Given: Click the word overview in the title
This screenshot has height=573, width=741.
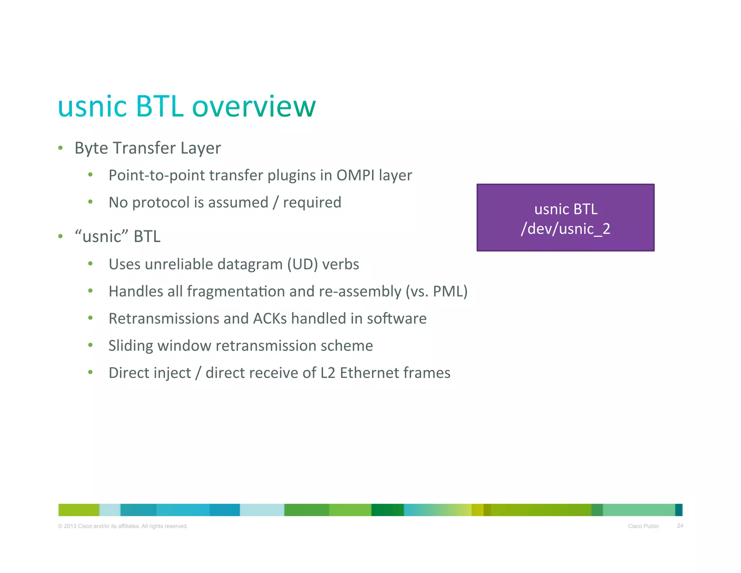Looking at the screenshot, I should pos(254,107).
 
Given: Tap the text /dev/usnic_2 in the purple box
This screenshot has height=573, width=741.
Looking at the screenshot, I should pos(565,229).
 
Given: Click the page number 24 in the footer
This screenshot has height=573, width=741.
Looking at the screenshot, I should pos(680,526).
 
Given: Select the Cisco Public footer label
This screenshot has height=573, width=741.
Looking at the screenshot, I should pos(643,526).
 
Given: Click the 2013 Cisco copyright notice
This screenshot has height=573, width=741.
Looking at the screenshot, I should pos(123,526).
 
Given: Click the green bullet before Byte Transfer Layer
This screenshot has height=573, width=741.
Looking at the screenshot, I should pos(60,148).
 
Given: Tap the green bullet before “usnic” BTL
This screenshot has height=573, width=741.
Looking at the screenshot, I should pos(60,237).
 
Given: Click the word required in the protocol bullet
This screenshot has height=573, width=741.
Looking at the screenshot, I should pos(312,202).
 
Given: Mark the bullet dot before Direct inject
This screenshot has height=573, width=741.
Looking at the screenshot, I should pos(90,372).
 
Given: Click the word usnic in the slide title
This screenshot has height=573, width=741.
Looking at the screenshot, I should pos(93,107).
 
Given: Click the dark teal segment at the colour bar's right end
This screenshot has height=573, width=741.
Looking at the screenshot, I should pos(678,510).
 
